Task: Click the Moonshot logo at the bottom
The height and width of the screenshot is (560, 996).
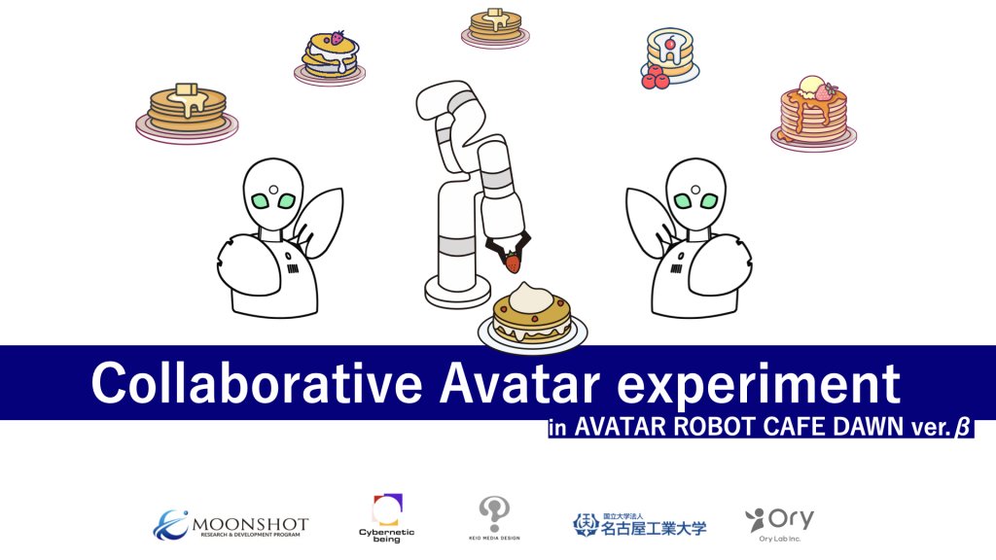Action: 231,525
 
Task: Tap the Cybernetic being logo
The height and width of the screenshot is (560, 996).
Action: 386,518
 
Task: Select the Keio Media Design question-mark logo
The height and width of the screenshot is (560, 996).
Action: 494,518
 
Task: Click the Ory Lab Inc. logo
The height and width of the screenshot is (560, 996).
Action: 779,524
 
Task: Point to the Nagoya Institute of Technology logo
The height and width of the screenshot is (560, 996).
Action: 639,525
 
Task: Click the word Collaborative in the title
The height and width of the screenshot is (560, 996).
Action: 257,383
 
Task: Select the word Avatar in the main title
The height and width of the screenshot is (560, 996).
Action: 519,383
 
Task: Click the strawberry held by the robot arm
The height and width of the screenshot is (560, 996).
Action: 512,262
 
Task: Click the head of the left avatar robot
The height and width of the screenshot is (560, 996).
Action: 273,193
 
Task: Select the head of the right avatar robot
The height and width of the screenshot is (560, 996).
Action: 695,193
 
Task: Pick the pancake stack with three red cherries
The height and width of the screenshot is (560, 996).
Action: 669,57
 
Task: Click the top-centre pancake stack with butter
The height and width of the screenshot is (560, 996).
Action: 495,27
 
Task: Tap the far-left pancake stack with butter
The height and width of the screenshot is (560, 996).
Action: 187,113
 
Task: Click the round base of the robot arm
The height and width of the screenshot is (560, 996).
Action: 457,293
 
